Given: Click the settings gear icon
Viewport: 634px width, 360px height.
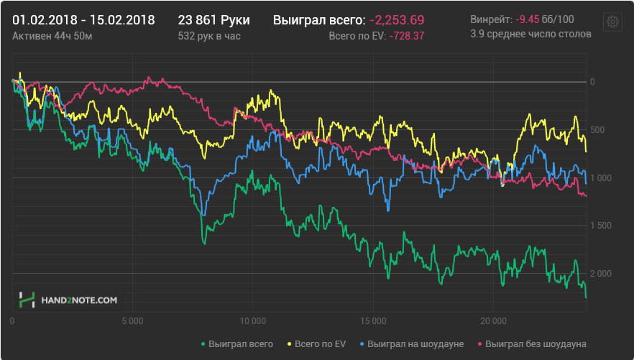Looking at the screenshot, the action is click(612, 22).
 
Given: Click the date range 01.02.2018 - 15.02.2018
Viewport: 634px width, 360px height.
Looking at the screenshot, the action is click(83, 20).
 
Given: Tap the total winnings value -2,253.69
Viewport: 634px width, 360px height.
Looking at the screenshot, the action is click(397, 20).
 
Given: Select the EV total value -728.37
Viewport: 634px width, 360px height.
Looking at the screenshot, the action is click(407, 36).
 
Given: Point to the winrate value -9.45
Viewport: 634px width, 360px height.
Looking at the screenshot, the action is click(528, 19).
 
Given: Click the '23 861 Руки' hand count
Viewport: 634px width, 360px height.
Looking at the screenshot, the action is click(214, 20).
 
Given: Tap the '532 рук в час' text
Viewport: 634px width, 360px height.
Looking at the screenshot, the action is click(209, 36).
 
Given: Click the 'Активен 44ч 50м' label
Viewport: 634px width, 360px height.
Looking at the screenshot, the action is click(52, 36).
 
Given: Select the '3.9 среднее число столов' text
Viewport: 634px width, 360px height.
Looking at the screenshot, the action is click(530, 34).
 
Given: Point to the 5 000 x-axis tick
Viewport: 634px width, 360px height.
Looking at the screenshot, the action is click(132, 321).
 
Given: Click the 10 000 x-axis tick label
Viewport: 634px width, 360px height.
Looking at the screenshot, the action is click(253, 321).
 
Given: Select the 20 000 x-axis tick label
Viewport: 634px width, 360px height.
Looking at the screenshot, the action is click(493, 321).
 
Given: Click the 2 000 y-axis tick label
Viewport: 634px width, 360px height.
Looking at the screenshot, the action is click(601, 274).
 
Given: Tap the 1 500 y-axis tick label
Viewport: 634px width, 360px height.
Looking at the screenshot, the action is click(601, 226).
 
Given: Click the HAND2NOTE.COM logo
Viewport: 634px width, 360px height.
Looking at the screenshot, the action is click(68, 300).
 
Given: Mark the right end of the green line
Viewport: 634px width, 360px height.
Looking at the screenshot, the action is click(586, 297).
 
